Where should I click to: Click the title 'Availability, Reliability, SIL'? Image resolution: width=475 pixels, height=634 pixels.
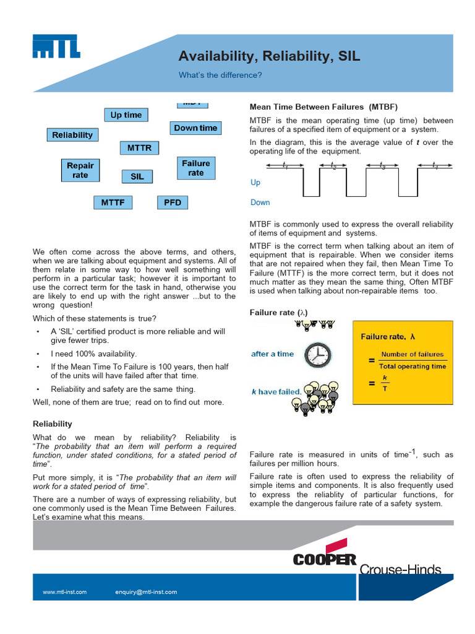(x=269, y=56)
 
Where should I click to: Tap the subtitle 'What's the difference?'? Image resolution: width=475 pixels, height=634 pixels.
(x=220, y=75)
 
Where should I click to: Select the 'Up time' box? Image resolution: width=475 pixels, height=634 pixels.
(x=126, y=115)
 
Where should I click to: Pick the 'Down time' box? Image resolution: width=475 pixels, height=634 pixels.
(x=195, y=128)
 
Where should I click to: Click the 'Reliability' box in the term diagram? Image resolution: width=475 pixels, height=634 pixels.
(x=72, y=135)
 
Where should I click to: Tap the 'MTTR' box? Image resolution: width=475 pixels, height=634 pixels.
(x=139, y=149)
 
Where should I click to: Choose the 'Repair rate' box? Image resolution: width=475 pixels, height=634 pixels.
(x=80, y=170)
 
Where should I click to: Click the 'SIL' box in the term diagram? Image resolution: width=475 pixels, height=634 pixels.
(x=137, y=176)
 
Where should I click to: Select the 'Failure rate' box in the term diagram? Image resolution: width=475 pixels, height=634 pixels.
(x=196, y=168)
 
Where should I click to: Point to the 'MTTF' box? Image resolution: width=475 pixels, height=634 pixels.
(x=113, y=202)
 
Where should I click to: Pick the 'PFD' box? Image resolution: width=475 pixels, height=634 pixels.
(x=173, y=202)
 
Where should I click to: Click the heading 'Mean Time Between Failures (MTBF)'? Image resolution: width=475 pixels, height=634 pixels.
(x=323, y=106)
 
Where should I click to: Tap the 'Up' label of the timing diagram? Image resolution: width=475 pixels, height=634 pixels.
(x=255, y=183)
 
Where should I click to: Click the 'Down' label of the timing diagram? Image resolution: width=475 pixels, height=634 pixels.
(x=260, y=202)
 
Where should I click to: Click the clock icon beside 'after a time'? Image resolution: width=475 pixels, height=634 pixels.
(x=318, y=355)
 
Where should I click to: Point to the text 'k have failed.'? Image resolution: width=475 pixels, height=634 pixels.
(x=276, y=391)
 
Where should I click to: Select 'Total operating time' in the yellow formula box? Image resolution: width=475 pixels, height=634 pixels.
(x=413, y=367)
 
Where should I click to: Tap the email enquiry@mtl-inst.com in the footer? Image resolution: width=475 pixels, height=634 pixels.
(x=146, y=592)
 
